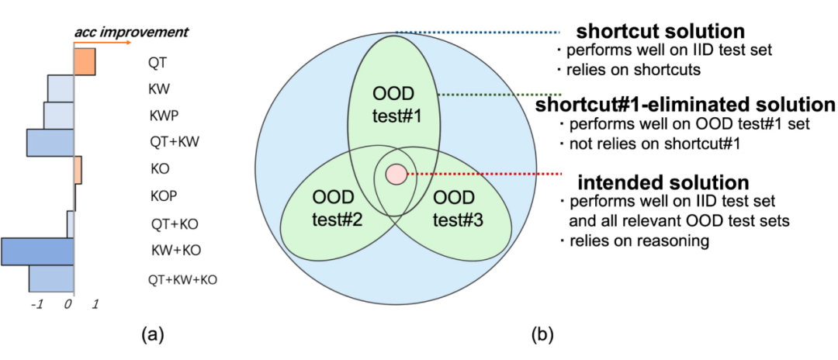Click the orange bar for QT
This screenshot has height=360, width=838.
tap(85, 61)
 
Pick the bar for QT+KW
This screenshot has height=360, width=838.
tap(50, 143)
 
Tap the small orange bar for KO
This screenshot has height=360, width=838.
tap(78, 169)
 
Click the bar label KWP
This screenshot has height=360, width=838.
tap(164, 116)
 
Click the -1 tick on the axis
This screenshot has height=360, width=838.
tap(36, 305)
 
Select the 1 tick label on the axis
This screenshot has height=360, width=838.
tap(95, 305)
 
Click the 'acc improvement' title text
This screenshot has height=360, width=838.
tap(131, 33)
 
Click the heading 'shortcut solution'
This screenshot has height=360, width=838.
tap(660, 32)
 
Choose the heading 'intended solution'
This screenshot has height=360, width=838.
tap(663, 183)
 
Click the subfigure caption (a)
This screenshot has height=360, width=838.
tap(152, 335)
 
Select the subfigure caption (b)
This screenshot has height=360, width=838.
tap(541, 335)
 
